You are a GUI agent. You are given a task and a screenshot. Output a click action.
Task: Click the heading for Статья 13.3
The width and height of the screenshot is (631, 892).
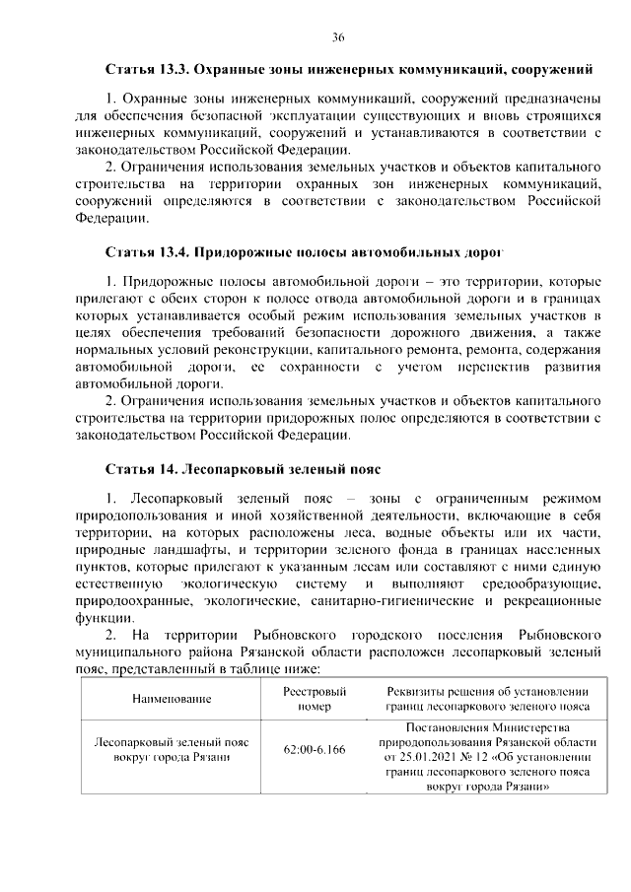pos(349,70)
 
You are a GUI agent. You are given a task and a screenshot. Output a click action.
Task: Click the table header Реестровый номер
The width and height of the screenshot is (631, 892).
pos(315,699)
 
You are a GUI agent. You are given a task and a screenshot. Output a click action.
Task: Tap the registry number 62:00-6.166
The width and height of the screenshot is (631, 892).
pos(315,750)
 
